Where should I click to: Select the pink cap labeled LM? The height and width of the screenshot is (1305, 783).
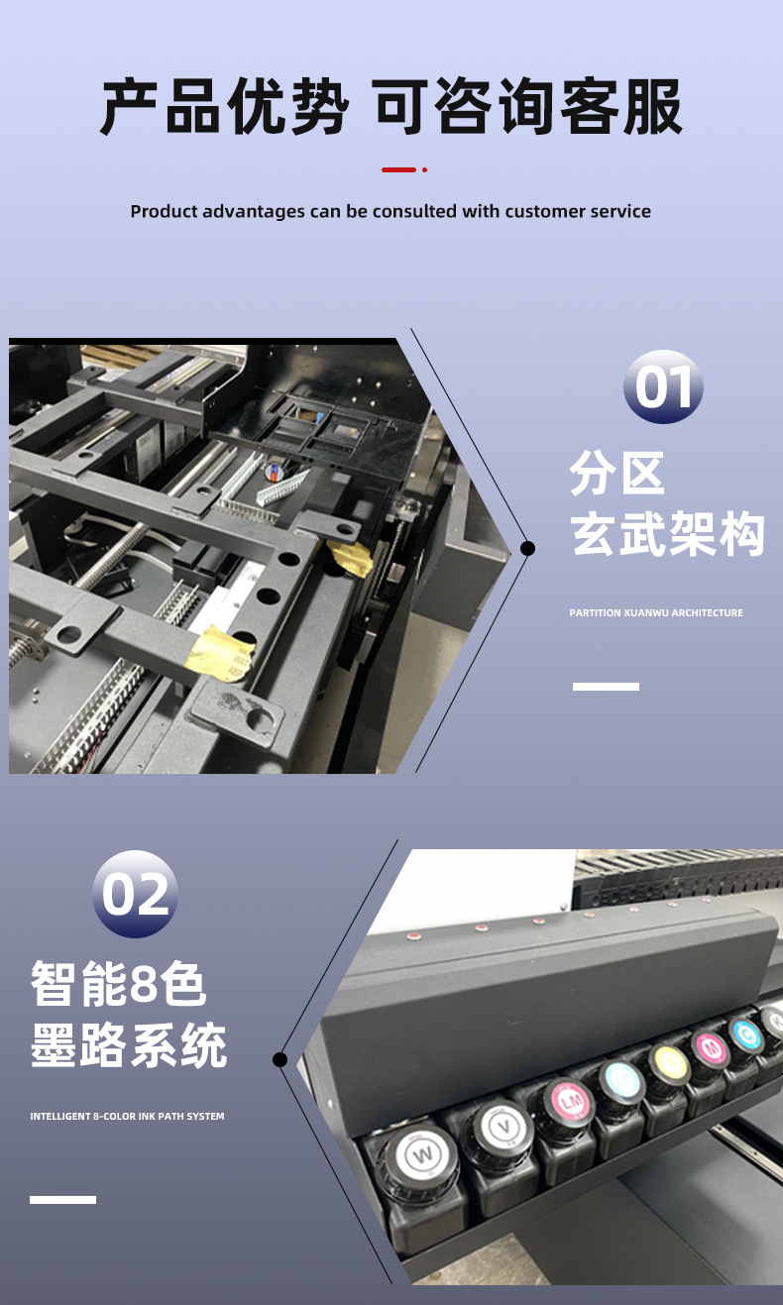tap(569, 1102)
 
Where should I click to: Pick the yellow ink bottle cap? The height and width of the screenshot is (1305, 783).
tap(669, 1063)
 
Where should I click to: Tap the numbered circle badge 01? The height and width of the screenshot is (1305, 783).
tap(663, 386)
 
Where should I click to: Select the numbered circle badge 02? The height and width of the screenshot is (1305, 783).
tap(135, 894)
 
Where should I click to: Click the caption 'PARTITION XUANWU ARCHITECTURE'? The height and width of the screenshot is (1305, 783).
tap(656, 613)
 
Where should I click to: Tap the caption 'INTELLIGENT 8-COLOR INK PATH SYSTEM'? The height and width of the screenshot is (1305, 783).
tap(127, 1117)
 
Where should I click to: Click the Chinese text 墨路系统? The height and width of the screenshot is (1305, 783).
tap(129, 1046)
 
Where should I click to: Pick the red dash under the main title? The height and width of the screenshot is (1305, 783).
tap(398, 170)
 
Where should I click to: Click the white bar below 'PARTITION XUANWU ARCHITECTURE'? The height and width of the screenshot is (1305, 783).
tap(606, 686)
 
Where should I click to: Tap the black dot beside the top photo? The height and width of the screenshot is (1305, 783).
tap(528, 548)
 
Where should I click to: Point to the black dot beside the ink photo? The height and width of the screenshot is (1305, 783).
tap(280, 1059)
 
